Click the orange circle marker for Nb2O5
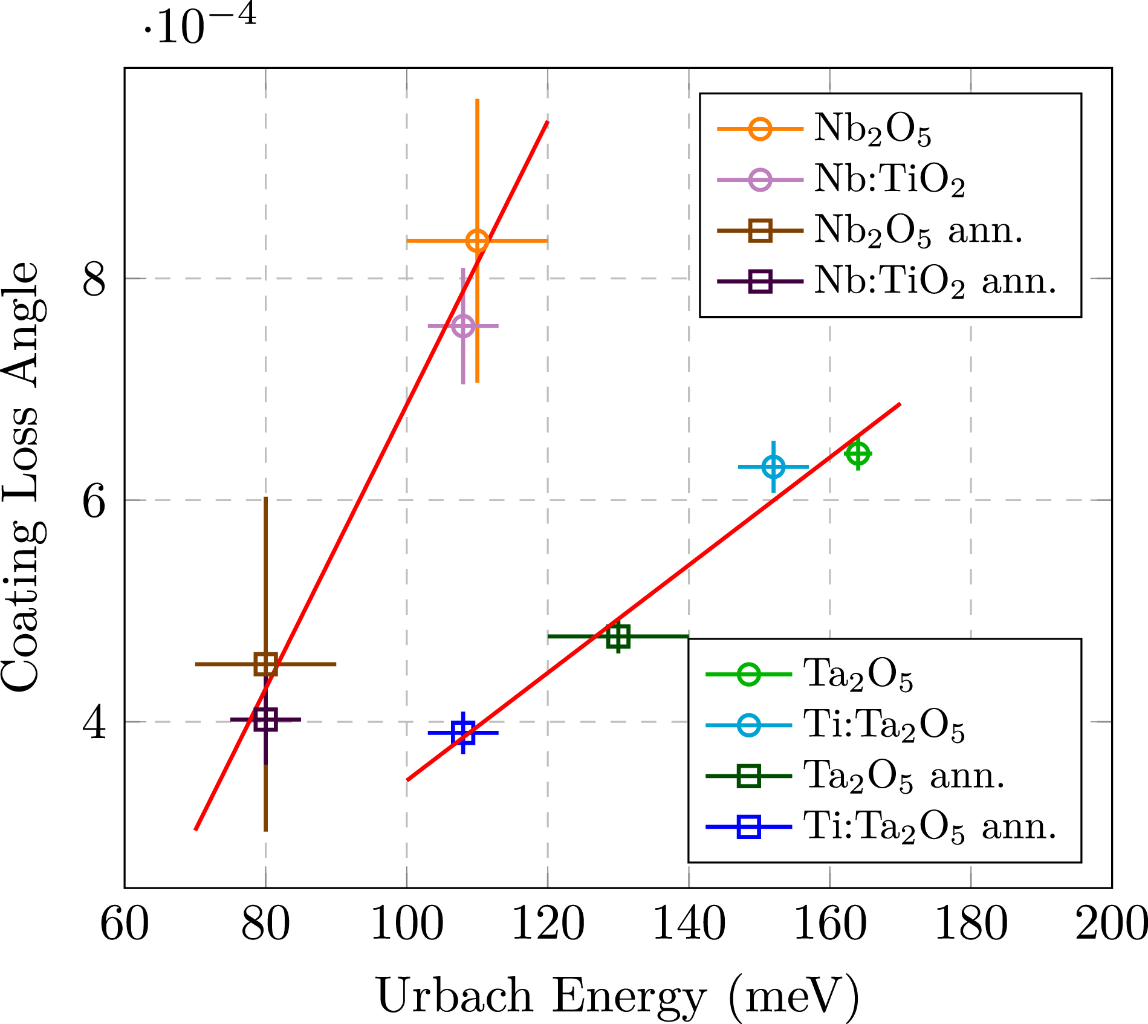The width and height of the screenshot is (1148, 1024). [478, 241]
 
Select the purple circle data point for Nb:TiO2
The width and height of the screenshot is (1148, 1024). [463, 326]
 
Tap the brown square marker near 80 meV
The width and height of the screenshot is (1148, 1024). [265, 664]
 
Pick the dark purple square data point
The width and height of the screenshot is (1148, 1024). [265, 719]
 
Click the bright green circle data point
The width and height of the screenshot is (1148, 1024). [858, 453]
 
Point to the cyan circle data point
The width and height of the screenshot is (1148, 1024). [773, 467]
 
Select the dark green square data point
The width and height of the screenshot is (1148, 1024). [618, 637]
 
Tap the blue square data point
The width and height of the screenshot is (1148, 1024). [463, 733]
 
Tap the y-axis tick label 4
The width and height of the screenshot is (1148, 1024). [95, 722]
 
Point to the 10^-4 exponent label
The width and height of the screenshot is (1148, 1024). [199, 27]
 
